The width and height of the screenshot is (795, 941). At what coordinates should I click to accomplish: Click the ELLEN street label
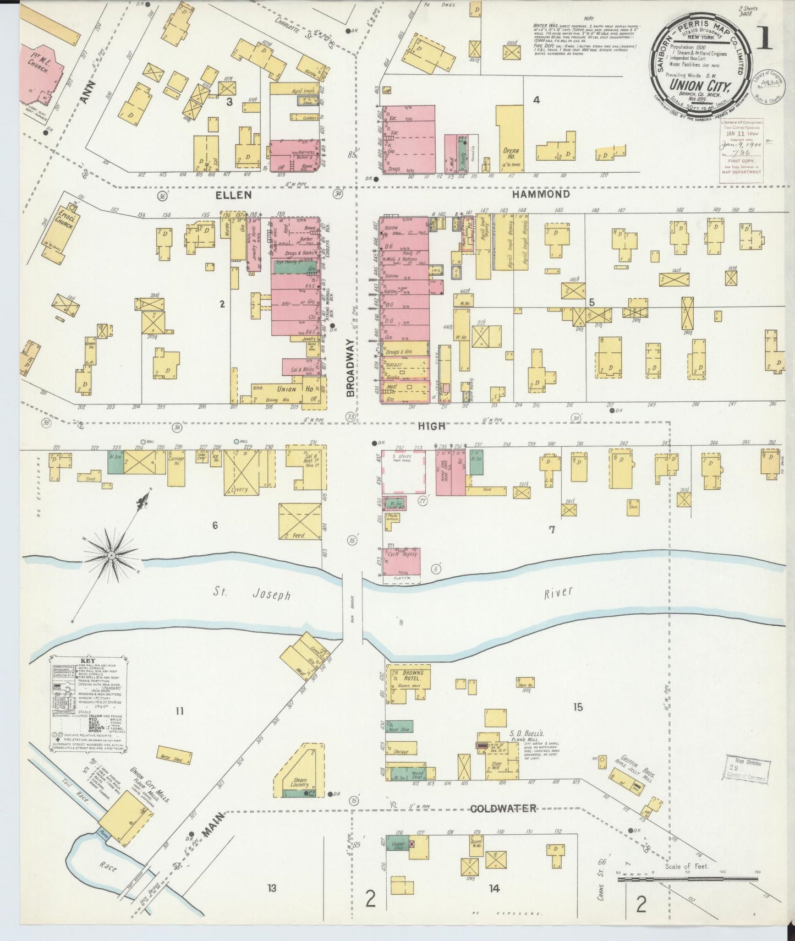(233, 195)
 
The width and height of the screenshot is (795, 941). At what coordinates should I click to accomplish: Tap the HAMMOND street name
(540, 194)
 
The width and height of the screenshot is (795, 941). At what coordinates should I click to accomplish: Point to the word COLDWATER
(503, 808)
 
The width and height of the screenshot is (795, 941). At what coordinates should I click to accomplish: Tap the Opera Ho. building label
(511, 152)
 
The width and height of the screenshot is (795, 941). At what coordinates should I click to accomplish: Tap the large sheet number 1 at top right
(764, 37)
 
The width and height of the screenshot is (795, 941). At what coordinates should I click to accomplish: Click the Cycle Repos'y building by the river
(403, 561)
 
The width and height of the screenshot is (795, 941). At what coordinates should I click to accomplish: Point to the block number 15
(577, 707)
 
